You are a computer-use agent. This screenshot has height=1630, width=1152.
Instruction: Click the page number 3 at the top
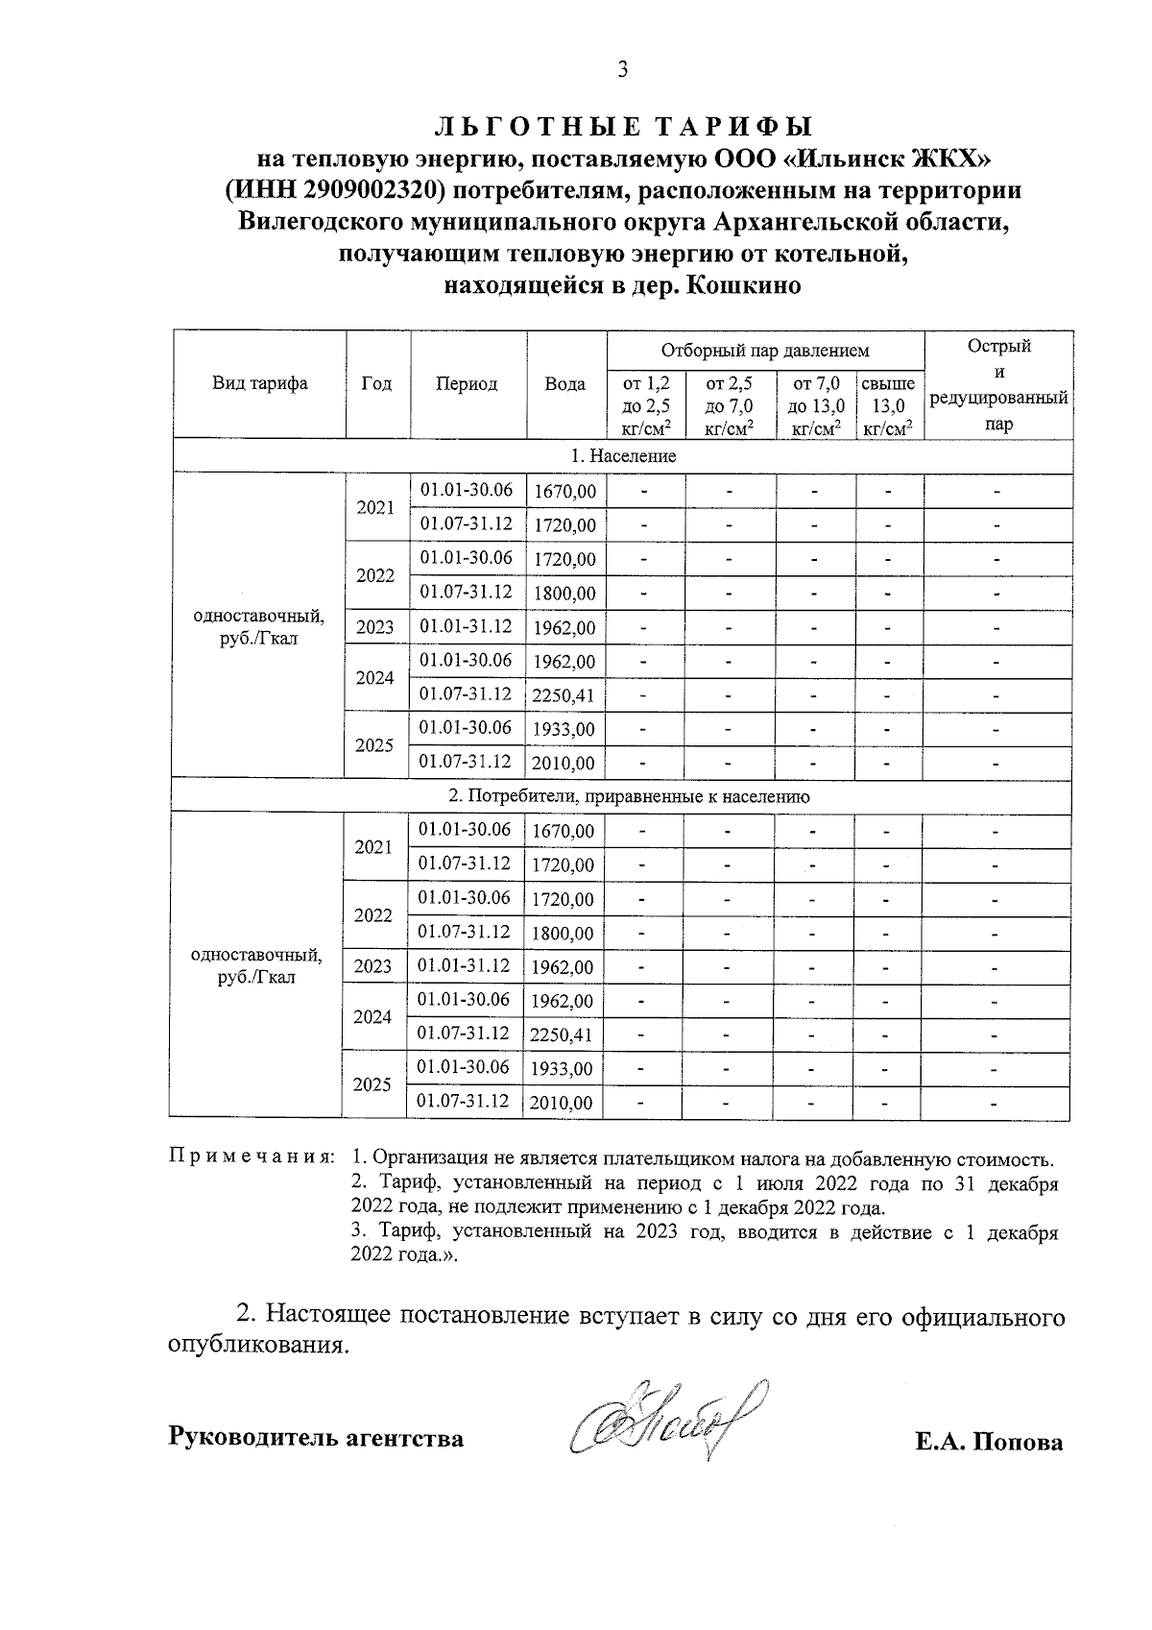click(x=622, y=69)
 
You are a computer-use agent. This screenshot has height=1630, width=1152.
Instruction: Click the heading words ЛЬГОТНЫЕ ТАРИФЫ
click(x=624, y=127)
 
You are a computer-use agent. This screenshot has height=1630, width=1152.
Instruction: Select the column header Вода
click(x=564, y=384)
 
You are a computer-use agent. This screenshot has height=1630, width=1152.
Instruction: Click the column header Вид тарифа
click(x=259, y=384)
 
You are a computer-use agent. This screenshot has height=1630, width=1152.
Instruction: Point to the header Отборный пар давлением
click(x=764, y=352)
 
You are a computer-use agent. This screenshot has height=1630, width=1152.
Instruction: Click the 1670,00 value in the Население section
click(x=564, y=492)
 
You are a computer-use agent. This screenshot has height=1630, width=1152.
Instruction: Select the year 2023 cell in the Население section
click(x=375, y=627)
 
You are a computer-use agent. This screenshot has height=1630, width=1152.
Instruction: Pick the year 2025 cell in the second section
click(x=372, y=1084)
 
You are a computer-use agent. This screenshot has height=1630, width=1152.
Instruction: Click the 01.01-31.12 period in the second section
click(x=465, y=965)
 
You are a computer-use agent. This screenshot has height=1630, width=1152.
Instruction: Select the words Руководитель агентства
click(x=316, y=1438)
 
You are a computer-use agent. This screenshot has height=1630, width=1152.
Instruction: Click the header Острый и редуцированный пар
click(x=998, y=384)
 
